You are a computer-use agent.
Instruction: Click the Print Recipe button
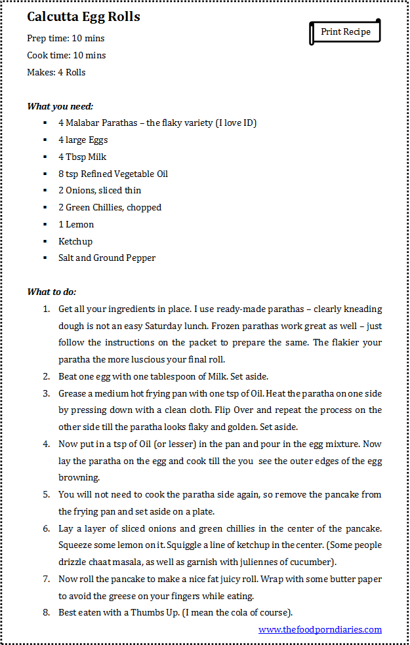pos(345,32)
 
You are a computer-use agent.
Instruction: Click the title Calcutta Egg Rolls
pos(83,17)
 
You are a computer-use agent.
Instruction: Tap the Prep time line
pos(66,39)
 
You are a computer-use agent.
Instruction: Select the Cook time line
pos(66,56)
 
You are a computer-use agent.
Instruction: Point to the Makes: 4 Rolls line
pos(56,73)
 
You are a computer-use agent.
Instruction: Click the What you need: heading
pos(60,106)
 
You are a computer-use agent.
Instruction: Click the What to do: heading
pos(52,292)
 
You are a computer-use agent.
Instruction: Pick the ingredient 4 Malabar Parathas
pos(157,123)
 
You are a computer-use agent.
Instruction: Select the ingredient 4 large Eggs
pos(83,140)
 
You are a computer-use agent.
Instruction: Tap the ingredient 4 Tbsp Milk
pos(82,157)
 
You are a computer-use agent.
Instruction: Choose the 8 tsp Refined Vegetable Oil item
pos(113,174)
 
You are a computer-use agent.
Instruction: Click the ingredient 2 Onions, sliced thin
pos(100,191)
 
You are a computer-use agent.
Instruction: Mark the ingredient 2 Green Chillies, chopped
pos(110,208)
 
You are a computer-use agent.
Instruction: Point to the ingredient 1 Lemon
pos(76,225)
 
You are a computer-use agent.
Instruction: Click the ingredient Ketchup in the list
pos(75,242)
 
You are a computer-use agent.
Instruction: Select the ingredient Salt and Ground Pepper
pos(107,258)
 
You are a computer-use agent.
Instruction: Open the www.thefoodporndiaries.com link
pos(320,630)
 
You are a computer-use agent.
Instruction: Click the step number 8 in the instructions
pos(46,613)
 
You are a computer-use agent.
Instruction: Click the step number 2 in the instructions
pos(46,377)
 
